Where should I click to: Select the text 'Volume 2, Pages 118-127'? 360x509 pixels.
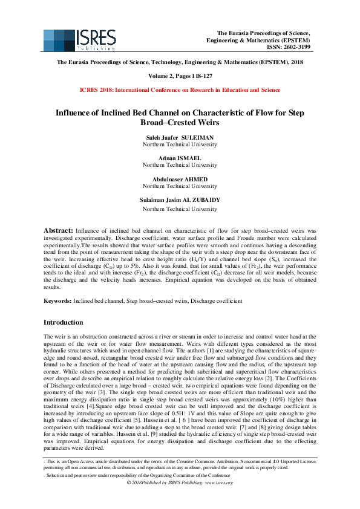(x=180, y=77)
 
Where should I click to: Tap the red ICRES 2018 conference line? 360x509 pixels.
(x=180, y=90)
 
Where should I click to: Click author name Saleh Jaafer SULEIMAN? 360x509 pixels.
(x=180, y=138)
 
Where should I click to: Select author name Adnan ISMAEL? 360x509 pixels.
(x=180, y=158)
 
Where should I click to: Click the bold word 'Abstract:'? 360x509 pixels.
(x=58, y=231)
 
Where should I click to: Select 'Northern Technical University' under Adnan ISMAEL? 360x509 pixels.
(x=180, y=165)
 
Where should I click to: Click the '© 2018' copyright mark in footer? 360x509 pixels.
(x=134, y=483)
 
